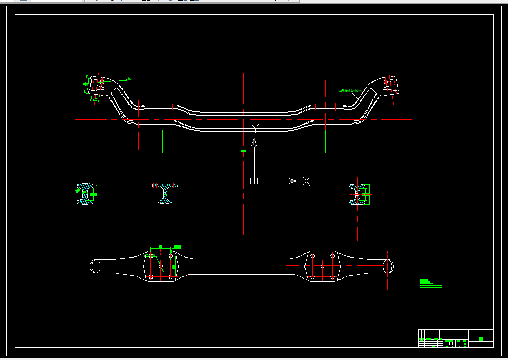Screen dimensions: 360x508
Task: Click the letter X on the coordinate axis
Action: click(x=306, y=181)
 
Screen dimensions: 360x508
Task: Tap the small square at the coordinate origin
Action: click(x=254, y=181)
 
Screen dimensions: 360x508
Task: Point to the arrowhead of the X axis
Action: click(x=291, y=181)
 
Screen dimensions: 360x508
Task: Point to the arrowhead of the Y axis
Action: click(x=254, y=142)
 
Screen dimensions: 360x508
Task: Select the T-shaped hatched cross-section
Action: click(x=165, y=192)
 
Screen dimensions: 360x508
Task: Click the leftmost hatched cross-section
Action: click(x=86, y=194)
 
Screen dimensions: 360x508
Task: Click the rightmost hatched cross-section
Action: click(x=359, y=194)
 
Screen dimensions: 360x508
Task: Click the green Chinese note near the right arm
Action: click(x=350, y=91)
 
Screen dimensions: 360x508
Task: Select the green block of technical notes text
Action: click(x=430, y=284)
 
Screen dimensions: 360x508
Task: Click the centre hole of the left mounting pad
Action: click(x=161, y=266)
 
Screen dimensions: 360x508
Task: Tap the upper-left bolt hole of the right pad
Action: click(x=312, y=256)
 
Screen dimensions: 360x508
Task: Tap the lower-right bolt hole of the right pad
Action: click(x=332, y=276)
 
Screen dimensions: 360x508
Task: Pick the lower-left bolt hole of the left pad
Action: click(x=151, y=276)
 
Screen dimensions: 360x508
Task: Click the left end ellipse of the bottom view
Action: click(x=96, y=266)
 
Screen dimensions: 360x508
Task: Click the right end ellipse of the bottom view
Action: click(x=389, y=266)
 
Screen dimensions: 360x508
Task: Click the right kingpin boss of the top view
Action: click(x=390, y=84)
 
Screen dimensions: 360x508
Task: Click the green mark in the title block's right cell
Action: click(x=481, y=339)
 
